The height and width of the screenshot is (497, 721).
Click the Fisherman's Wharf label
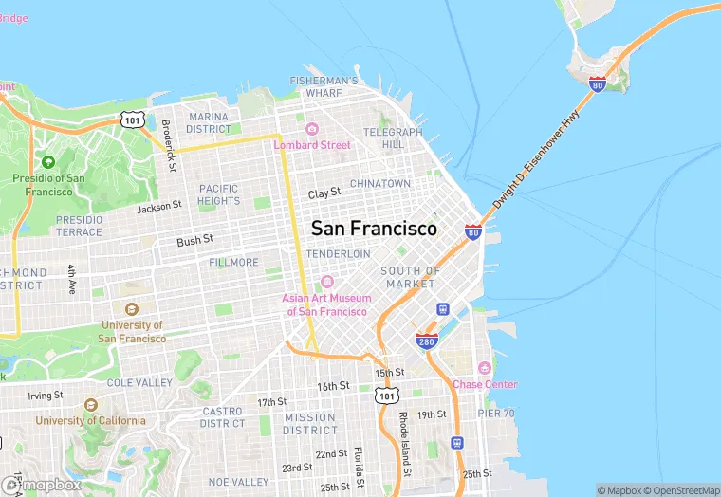point(324,87)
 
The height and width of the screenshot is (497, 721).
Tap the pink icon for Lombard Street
point(311,129)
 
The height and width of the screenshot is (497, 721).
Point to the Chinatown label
point(380,183)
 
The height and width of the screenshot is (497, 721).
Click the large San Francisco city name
point(374,229)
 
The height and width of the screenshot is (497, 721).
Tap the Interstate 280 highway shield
point(426,341)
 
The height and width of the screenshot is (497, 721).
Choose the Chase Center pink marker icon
point(485,368)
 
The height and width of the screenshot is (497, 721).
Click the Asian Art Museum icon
point(327,282)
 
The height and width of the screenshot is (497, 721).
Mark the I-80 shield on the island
point(598,84)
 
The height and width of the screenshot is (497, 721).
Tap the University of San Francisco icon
point(131,309)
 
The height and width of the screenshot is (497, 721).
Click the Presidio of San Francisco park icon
point(48,162)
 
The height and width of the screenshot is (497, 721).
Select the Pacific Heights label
point(219,194)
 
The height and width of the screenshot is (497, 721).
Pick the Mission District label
point(309,423)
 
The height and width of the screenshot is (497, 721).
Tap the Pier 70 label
point(496,414)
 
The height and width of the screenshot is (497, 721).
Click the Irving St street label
point(45,395)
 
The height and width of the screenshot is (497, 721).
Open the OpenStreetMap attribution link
point(680,490)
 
